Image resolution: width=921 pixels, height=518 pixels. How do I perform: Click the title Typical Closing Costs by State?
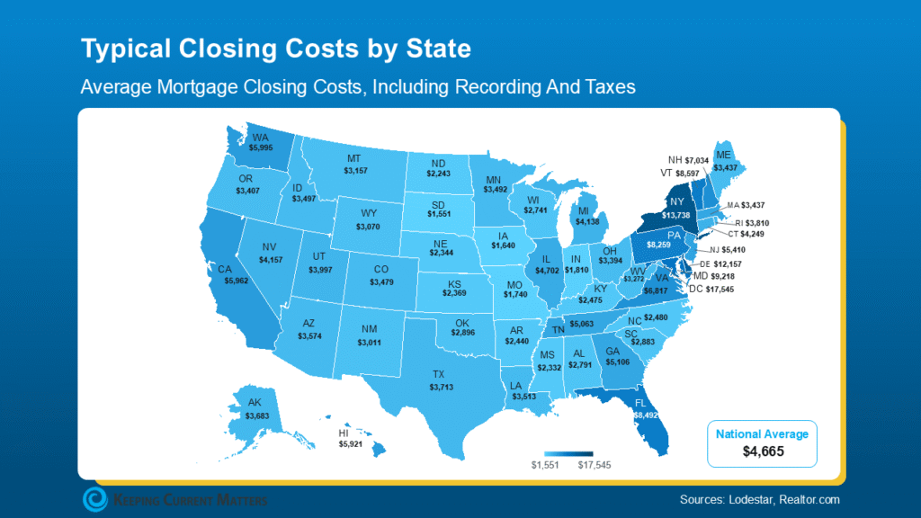[276, 49]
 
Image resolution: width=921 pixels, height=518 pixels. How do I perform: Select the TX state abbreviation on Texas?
[438, 373]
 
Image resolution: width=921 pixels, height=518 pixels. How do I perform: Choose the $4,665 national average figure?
[762, 451]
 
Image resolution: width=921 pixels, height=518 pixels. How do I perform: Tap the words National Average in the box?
[762, 434]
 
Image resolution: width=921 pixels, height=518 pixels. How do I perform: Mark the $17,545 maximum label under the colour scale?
[594, 464]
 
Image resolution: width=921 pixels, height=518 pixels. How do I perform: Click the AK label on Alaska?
[256, 403]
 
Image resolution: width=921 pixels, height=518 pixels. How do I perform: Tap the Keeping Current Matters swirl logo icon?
[94, 499]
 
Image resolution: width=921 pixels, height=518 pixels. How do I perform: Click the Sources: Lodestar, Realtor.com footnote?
[760, 499]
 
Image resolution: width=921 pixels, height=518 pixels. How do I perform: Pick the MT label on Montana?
[353, 156]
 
